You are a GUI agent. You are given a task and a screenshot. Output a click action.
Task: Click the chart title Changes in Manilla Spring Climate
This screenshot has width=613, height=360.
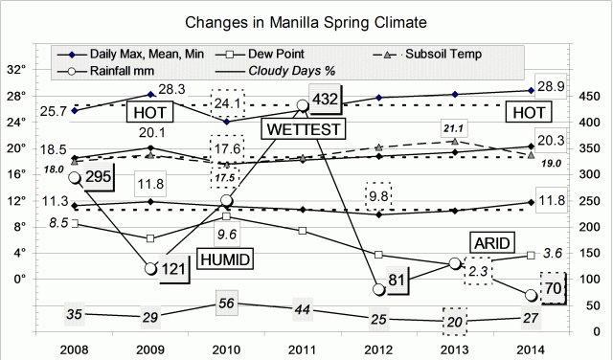306,20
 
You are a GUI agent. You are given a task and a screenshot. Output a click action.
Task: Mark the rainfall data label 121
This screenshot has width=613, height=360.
172,269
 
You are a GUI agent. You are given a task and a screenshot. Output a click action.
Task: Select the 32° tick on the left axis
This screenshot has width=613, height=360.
42,70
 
